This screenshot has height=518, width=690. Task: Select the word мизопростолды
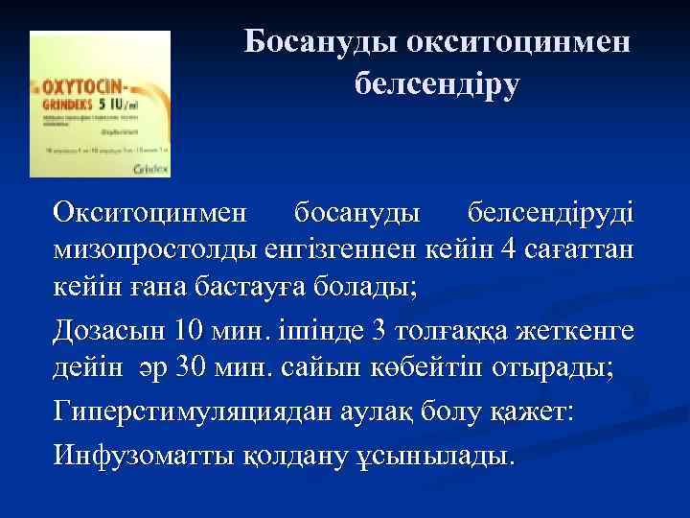click(x=153, y=250)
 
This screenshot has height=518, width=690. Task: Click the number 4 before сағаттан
click(x=518, y=250)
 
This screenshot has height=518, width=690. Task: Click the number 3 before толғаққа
click(x=379, y=333)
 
